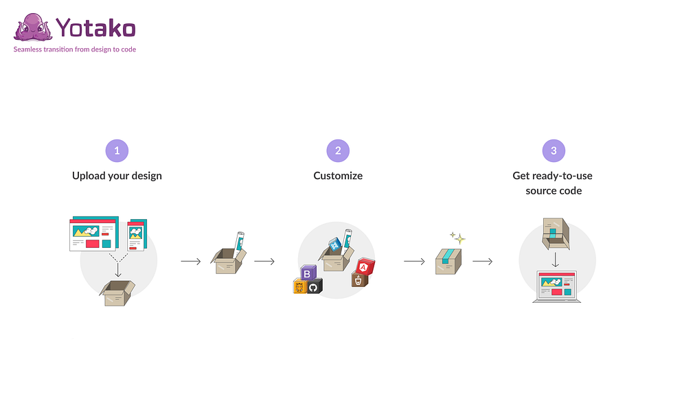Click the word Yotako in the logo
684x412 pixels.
pyautogui.click(x=96, y=28)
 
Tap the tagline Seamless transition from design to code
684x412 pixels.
pyautogui.click(x=75, y=49)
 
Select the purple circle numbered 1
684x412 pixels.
pyautogui.click(x=117, y=151)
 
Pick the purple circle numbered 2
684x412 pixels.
pyautogui.click(x=338, y=151)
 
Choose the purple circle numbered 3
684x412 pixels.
pyautogui.click(x=554, y=151)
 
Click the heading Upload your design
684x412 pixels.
pyautogui.click(x=117, y=176)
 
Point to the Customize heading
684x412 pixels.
pyautogui.click(x=338, y=176)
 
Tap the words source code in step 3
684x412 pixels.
pyautogui.click(x=554, y=191)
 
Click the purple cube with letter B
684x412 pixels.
pyautogui.click(x=308, y=273)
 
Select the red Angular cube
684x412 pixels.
pyautogui.click(x=365, y=266)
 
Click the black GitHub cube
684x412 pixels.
pyautogui.click(x=314, y=286)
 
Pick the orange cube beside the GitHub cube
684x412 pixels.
pyautogui.click(x=299, y=286)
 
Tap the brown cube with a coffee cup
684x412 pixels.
pyautogui.click(x=359, y=279)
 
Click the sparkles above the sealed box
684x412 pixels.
pyautogui.click(x=457, y=238)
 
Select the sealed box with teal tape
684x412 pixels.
pyautogui.click(x=448, y=261)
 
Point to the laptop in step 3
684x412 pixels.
pyautogui.click(x=557, y=286)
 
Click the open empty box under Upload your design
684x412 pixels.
pyautogui.click(x=117, y=293)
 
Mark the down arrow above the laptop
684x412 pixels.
pyautogui.click(x=556, y=260)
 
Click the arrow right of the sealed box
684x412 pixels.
pyautogui.click(x=483, y=261)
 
